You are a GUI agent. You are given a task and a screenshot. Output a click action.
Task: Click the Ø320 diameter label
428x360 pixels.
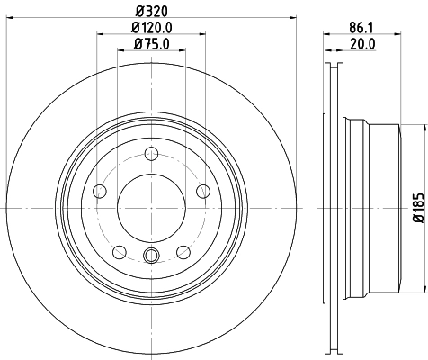[x=151, y=12]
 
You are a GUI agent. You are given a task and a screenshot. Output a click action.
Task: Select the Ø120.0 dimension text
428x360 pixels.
[x=151, y=28]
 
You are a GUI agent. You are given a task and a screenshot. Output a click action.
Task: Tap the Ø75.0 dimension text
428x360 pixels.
[x=151, y=44]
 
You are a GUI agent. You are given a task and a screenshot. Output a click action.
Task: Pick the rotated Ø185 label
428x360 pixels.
[x=417, y=207]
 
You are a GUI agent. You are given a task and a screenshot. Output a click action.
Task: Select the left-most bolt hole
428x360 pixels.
[x=99, y=190]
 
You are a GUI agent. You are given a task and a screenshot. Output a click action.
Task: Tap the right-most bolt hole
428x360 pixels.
[x=203, y=190]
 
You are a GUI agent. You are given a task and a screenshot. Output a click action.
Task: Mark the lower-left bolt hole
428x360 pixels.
[x=119, y=251]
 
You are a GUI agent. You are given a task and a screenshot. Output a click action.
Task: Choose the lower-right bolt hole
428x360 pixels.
[x=183, y=251]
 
